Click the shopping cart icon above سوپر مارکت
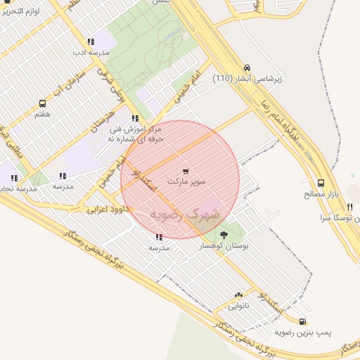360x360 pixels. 186,171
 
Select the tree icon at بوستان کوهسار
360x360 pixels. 224,235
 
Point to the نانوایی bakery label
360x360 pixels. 238,306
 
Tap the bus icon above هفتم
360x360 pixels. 43,103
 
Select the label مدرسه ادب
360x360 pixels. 91,53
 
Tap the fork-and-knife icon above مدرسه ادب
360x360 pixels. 91,42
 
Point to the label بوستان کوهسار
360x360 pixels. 224,246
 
